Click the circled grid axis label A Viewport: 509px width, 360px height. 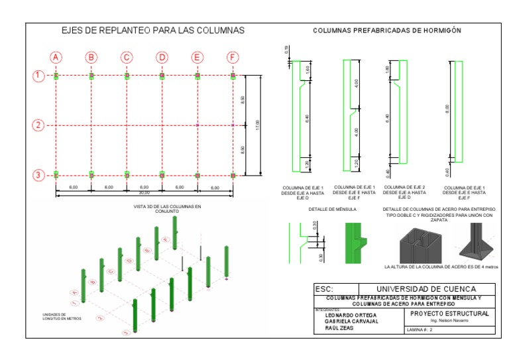pos(56,57)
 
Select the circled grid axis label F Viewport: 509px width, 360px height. pos(233,57)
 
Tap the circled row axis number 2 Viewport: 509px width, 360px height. pos(38,125)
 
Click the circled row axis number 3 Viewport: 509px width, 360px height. pos(38,175)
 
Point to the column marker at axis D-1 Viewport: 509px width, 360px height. pos(162,76)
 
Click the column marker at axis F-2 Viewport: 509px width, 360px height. pos(233,125)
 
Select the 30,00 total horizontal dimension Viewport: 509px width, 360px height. pos(144,192)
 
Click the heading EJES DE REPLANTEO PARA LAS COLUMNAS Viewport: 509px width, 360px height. pos(153,30)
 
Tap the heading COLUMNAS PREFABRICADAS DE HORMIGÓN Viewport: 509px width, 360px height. pos(387,30)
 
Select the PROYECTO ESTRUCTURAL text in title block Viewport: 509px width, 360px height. pos(450,313)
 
